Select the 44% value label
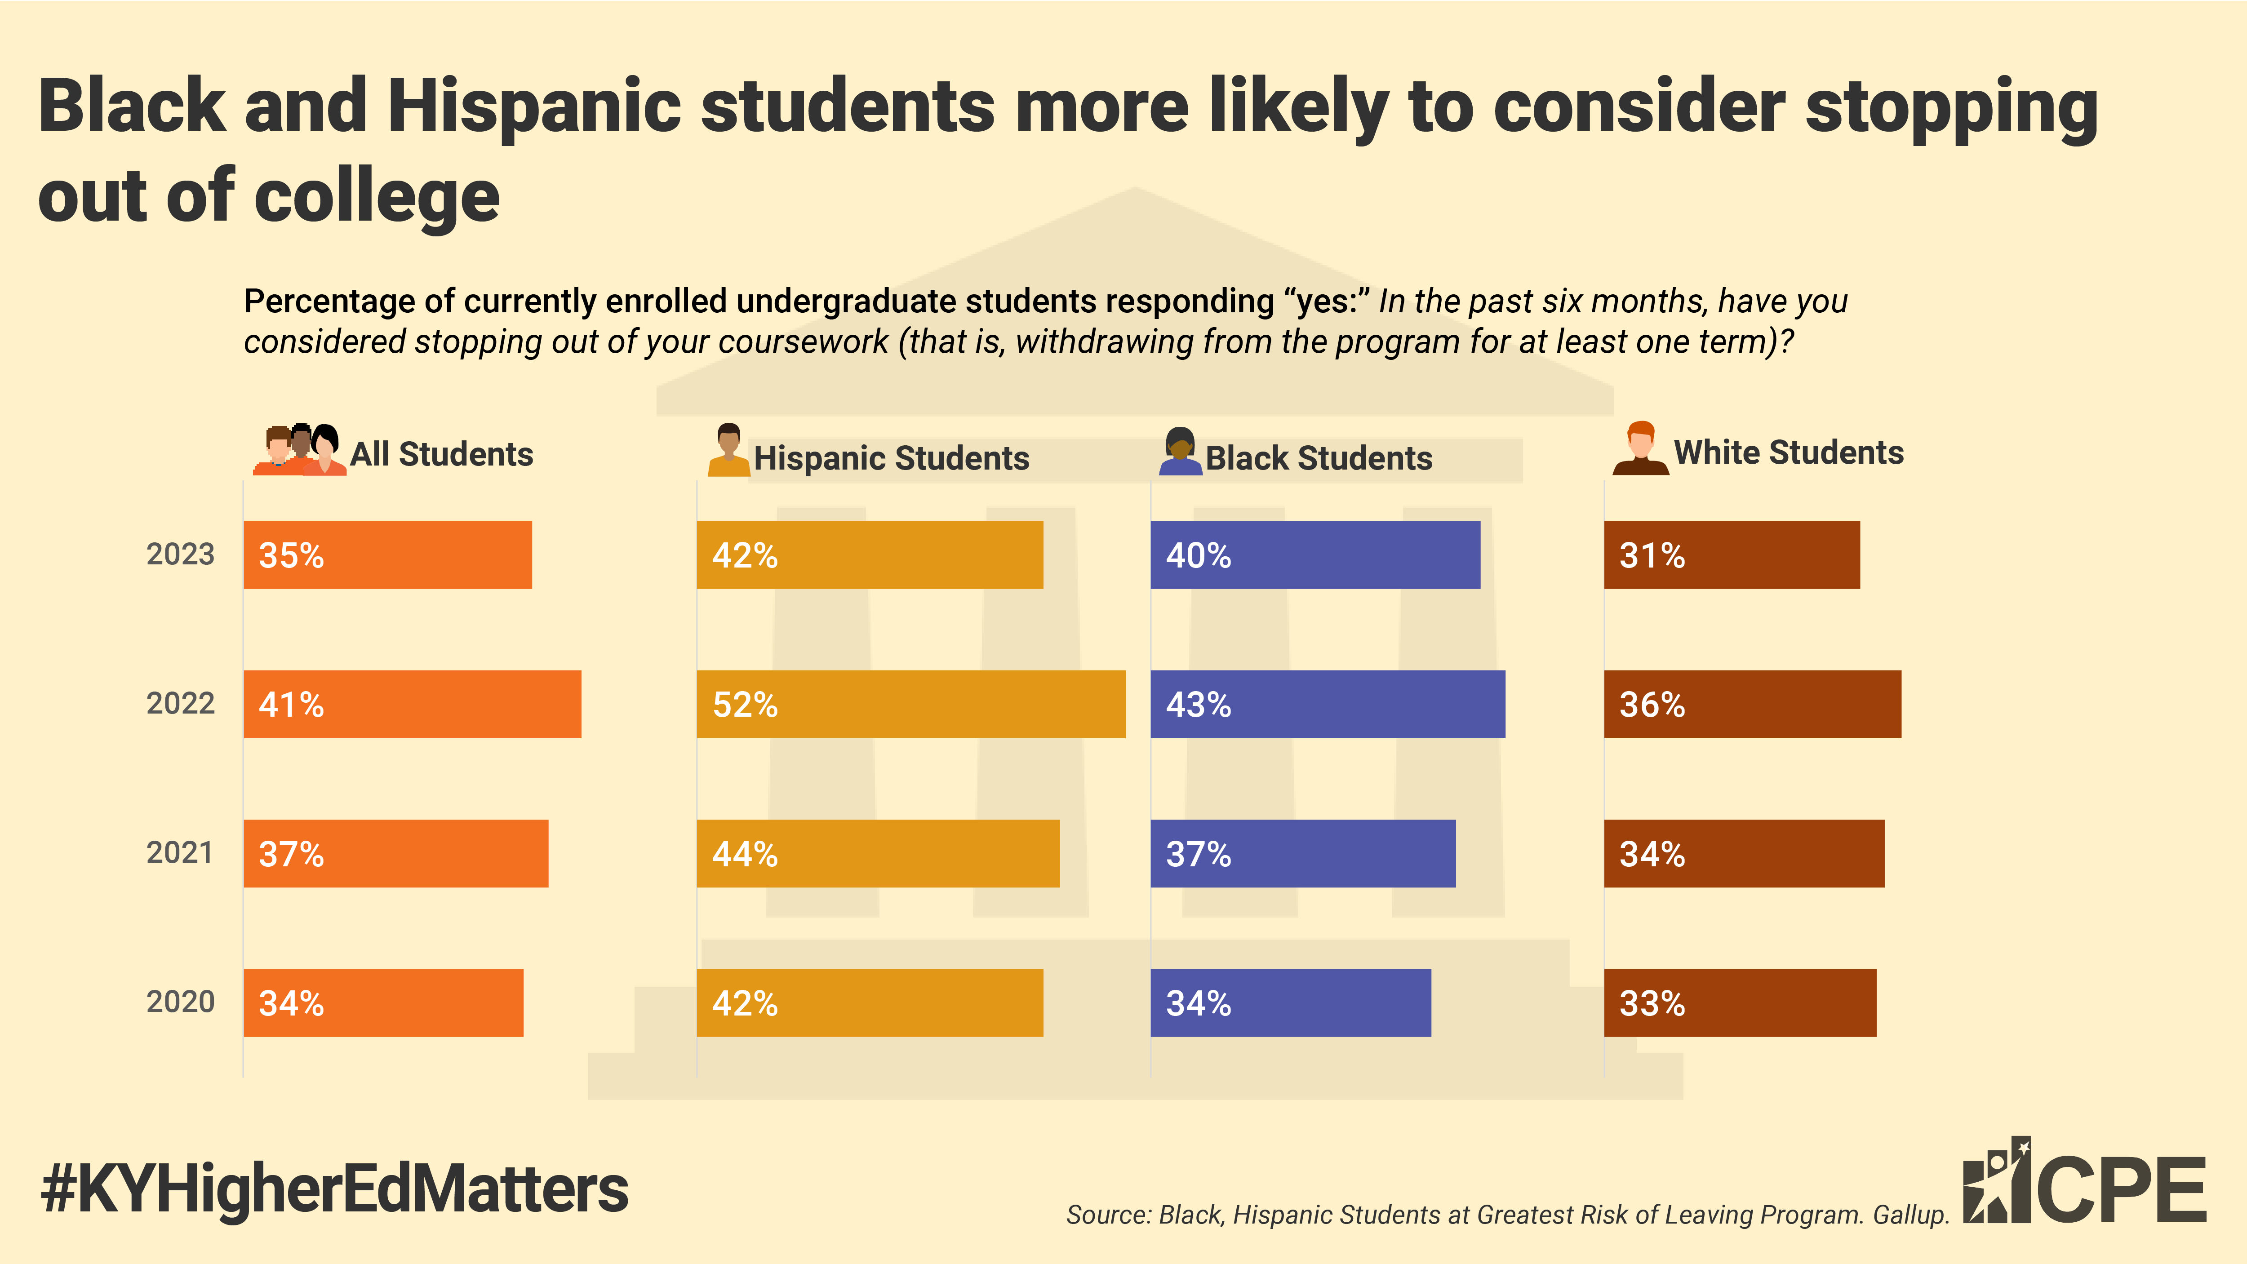tap(744, 854)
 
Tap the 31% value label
tap(1651, 556)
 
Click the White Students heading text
tap(1788, 453)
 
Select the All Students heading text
tap(441, 454)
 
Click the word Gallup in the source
tap(1910, 1215)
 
